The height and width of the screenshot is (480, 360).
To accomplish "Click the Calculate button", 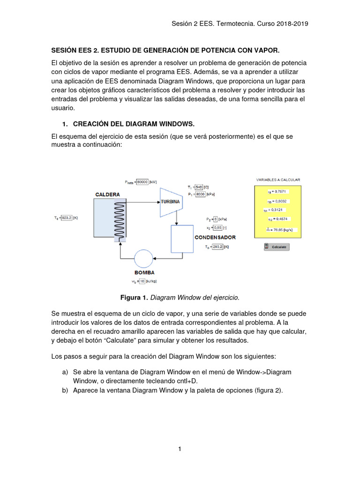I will tap(277, 247).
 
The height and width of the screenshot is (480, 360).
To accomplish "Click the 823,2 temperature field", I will tap(67, 217).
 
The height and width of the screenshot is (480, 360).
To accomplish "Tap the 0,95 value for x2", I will tap(217, 228).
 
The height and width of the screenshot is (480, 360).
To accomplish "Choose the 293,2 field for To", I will tap(217, 247).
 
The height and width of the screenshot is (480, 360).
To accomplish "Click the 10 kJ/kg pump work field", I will tap(142, 281).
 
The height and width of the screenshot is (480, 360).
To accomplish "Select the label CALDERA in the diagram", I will tap(107, 194).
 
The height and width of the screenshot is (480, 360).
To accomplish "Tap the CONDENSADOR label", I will tap(215, 237).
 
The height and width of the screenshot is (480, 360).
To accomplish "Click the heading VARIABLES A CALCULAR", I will tap(278, 180).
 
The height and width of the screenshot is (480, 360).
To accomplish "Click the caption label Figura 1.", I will tap(134, 297).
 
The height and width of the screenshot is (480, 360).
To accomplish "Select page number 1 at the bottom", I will tap(180, 449).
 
